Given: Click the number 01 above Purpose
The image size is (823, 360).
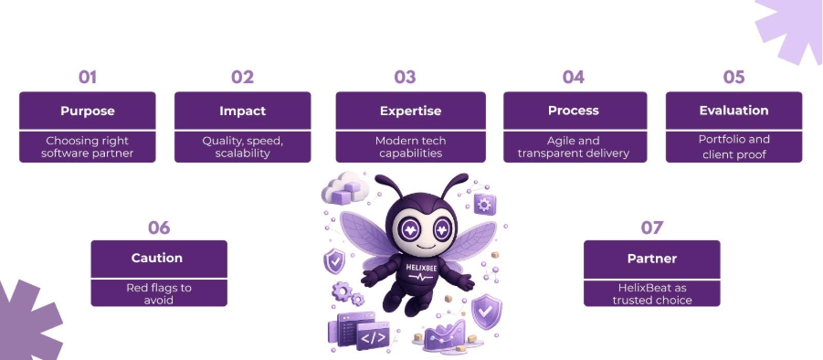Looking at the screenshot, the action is [87, 77].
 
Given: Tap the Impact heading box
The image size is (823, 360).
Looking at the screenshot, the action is [242, 111].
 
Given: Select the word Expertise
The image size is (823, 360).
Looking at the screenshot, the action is [410, 111].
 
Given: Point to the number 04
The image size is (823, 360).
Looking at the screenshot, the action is [573, 77].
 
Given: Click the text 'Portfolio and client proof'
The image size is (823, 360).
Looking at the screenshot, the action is [733, 147].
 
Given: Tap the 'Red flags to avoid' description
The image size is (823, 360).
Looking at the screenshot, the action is [159, 294].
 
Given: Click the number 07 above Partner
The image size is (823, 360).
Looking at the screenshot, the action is [652, 228].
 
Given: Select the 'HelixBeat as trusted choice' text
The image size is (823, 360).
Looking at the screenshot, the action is [652, 294].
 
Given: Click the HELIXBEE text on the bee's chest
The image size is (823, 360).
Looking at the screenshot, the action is [420, 267].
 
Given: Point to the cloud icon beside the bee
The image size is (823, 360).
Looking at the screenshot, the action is [345, 187].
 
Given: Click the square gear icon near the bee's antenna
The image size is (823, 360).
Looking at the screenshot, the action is [484, 204].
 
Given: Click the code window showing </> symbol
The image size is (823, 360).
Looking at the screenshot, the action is [374, 336].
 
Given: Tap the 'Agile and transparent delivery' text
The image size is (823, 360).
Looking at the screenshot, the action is [573, 147].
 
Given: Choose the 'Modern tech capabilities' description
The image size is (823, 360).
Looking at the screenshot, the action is [410, 147].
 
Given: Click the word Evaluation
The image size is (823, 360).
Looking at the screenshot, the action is [733, 111].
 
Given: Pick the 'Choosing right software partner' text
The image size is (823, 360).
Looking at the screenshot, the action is [87, 147].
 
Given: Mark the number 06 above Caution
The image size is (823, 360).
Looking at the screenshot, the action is [159, 228].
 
